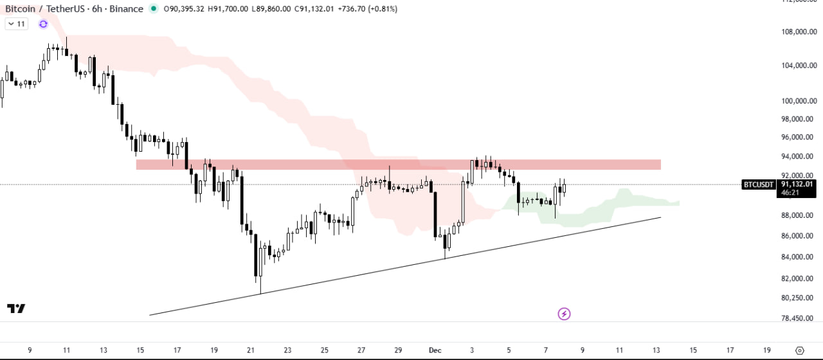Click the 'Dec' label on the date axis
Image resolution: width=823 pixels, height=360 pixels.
pyautogui.click(x=435, y=350)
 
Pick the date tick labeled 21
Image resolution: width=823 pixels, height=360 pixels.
pyautogui.click(x=251, y=350)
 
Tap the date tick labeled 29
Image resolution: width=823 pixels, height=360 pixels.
pyautogui.click(x=399, y=350)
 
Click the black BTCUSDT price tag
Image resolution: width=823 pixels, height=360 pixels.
pyautogui.click(x=759, y=184)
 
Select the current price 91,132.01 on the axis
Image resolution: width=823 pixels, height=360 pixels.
pyautogui.click(x=797, y=184)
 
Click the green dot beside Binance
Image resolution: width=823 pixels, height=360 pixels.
pyautogui.click(x=153, y=9)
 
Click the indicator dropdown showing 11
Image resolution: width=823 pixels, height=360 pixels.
pyautogui.click(x=16, y=24)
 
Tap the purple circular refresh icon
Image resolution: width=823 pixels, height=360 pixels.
pyautogui.click(x=43, y=24)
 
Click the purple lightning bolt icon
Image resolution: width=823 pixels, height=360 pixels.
pyautogui.click(x=564, y=314)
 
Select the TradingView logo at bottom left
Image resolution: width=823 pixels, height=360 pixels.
pyautogui.click(x=16, y=309)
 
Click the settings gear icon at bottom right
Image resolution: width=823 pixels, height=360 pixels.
pyautogui.click(x=800, y=350)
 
